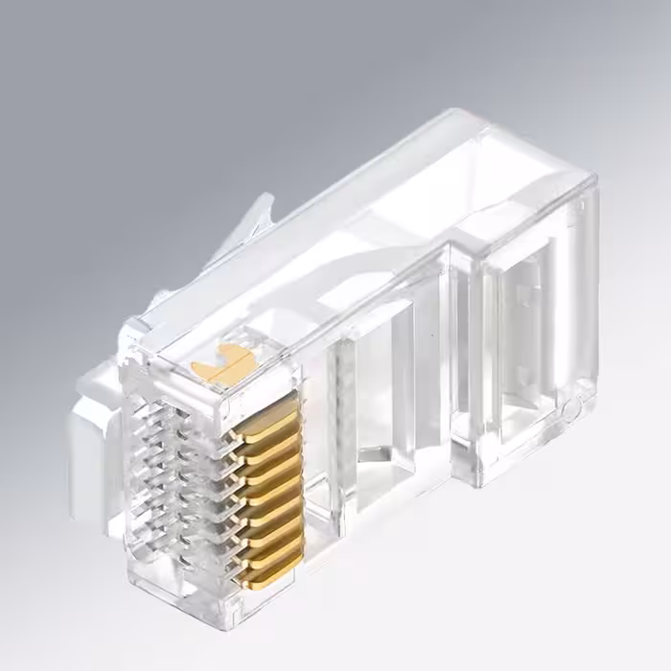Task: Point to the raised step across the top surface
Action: pos(403,249)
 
